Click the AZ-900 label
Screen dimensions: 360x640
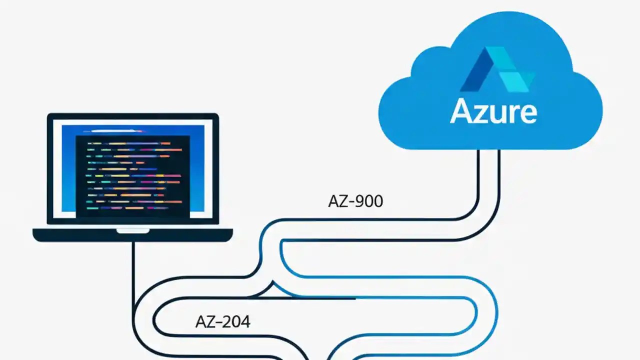pyautogui.click(x=355, y=201)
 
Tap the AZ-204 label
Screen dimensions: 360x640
pyautogui.click(x=222, y=321)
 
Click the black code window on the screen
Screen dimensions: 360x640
pyautogui.click(x=133, y=175)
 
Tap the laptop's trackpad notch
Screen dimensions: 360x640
pyautogui.click(x=132, y=231)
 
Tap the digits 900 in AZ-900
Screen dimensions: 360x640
pyautogui.click(x=368, y=201)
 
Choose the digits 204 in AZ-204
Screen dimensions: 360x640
pyautogui.click(x=236, y=321)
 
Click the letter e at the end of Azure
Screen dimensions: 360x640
pyautogui.click(x=527, y=113)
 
